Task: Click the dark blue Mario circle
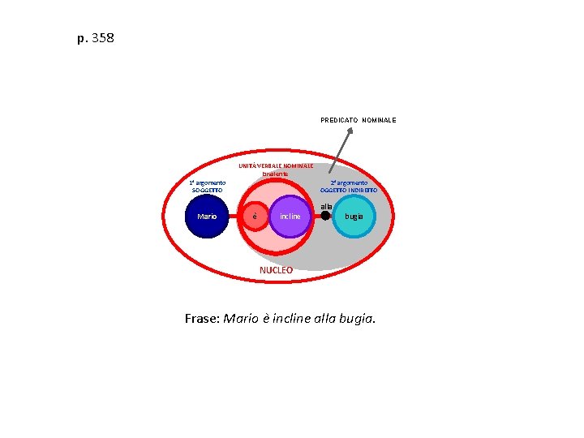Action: pyautogui.click(x=207, y=216)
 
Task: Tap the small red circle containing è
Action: pyautogui.click(x=255, y=217)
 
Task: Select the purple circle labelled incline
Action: pyautogui.click(x=290, y=217)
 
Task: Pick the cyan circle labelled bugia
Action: pyautogui.click(x=354, y=217)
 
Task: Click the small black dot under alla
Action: pyautogui.click(x=326, y=216)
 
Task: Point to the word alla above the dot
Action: pyautogui.click(x=326, y=206)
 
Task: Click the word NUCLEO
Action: pyautogui.click(x=276, y=270)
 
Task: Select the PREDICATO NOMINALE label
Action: pyautogui.click(x=358, y=120)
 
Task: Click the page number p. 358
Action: pyautogui.click(x=96, y=37)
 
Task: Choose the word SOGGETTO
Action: pyautogui.click(x=207, y=190)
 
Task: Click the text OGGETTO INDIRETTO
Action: pyautogui.click(x=349, y=190)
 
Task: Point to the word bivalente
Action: pyautogui.click(x=275, y=174)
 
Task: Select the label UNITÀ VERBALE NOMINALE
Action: pyautogui.click(x=276, y=166)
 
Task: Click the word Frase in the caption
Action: pyautogui.click(x=202, y=319)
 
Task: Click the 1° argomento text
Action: pyautogui.click(x=207, y=182)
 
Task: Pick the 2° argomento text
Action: pyautogui.click(x=349, y=182)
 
